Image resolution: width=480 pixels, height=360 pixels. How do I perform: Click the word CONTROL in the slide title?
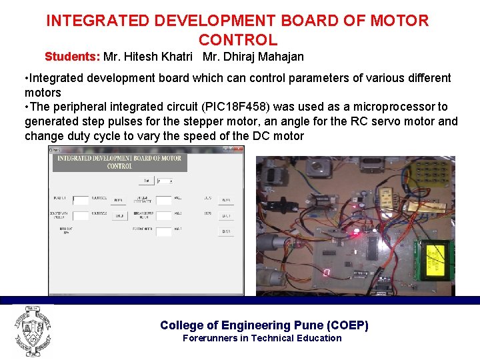237,40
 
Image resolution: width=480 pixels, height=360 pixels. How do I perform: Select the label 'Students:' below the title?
73,56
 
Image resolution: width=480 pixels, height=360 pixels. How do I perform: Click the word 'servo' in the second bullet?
376,121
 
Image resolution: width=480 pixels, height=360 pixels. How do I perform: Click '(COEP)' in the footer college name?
348,325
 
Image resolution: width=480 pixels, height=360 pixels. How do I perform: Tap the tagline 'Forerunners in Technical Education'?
262,338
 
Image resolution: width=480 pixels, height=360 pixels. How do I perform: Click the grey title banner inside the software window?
119,162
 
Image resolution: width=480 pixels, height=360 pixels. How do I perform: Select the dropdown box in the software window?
165,181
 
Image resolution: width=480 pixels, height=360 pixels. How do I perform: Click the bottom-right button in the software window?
226,231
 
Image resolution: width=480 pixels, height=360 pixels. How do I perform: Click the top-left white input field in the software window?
81,199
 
